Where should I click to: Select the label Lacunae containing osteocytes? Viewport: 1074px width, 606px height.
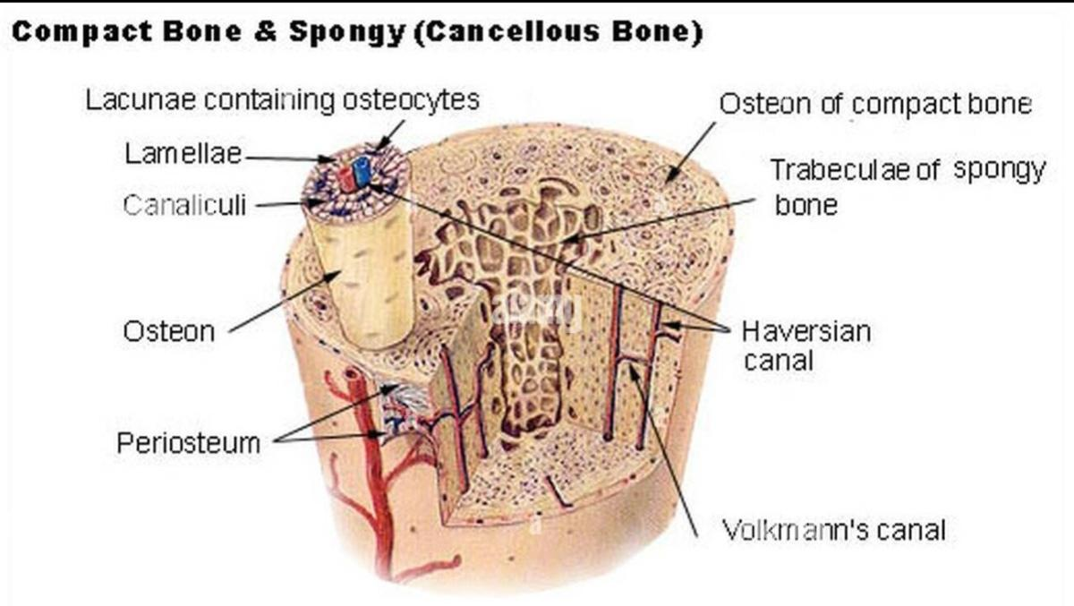coord(283,99)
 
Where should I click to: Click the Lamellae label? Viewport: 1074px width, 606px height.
coord(183,153)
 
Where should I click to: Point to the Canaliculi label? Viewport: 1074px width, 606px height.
coord(184,206)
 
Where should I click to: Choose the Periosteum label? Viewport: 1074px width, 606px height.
coord(190,442)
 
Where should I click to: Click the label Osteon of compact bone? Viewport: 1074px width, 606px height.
coord(874,104)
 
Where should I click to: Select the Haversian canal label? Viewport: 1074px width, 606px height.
coord(805,346)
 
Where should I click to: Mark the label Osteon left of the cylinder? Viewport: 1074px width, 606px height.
coord(169,332)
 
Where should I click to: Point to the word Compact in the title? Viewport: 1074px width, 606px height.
coord(83,32)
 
